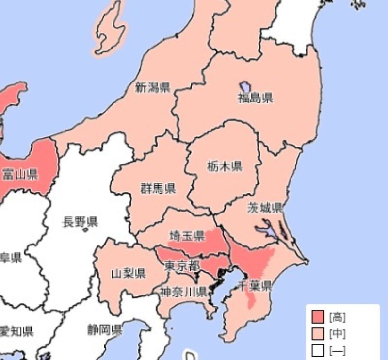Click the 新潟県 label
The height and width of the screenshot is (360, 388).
point(152,88)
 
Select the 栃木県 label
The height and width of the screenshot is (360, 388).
point(224,167)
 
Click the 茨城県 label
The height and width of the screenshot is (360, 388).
point(264,209)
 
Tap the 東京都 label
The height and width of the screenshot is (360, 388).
point(181,265)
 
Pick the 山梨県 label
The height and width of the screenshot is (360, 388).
point(129,273)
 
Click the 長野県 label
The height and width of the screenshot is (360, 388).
point(80,223)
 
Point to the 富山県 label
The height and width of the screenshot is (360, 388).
point(20,174)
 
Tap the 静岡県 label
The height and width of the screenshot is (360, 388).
point(104,331)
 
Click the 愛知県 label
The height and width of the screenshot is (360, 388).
point(16,332)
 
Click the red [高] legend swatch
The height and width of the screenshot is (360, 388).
point(318,318)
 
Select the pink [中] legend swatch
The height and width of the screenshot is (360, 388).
point(318,334)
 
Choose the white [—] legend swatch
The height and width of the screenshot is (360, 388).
point(318,350)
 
